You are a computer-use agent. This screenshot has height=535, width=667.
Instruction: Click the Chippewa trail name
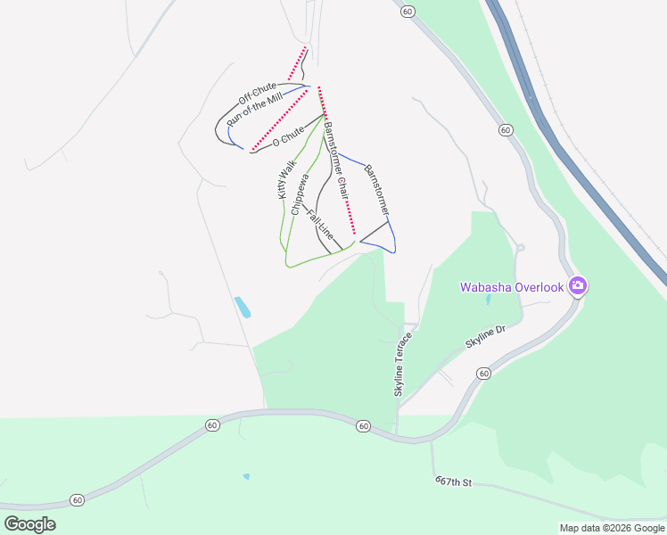[300, 193]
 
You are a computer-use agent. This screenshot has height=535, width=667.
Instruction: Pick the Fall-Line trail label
[320, 227]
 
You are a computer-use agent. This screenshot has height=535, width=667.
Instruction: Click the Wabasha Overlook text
[511, 287]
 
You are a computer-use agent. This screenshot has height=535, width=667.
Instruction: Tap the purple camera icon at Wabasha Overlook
[578, 285]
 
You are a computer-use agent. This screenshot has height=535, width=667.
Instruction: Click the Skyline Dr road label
[485, 336]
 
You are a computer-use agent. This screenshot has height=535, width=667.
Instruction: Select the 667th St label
[452, 481]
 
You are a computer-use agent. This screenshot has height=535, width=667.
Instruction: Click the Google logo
[29, 523]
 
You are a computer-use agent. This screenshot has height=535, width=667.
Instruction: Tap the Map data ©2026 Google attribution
[612, 528]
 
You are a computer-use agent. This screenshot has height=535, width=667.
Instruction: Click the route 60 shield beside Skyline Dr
[482, 373]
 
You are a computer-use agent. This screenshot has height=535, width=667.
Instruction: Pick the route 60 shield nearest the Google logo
[78, 500]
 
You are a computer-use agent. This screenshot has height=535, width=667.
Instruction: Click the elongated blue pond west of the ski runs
[242, 308]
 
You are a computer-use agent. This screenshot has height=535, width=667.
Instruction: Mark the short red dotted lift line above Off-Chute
[297, 63]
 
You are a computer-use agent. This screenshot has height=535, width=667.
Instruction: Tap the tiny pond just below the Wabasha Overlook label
[487, 300]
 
